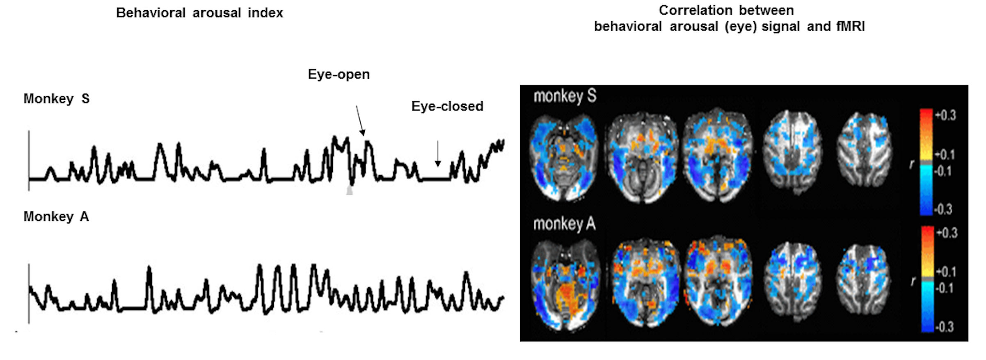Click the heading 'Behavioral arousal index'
pyautogui.click(x=199, y=13)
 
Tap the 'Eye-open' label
pyautogui.click(x=339, y=74)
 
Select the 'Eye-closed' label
pyautogui.click(x=447, y=106)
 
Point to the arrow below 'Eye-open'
pyautogui.click(x=360, y=120)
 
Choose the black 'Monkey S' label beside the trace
pyautogui.click(x=56, y=99)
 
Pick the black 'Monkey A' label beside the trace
pyautogui.click(x=56, y=216)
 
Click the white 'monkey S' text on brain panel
pyautogui.click(x=565, y=96)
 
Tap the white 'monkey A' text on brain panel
pyautogui.click(x=564, y=224)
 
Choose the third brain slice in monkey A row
pyautogui.click(x=718, y=281)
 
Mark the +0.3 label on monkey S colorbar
pyautogui.click(x=946, y=115)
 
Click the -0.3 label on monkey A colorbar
pyautogui.click(x=945, y=327)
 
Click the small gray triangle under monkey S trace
pyautogui.click(x=349, y=190)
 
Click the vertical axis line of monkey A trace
pyautogui.click(x=29, y=294)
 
